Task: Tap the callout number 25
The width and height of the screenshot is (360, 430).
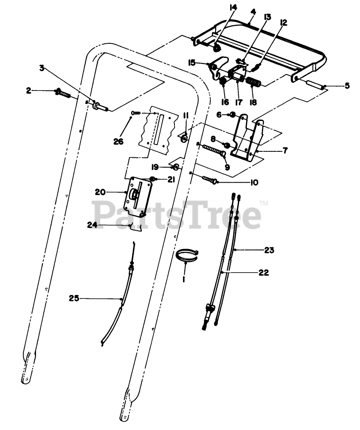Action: (74, 298)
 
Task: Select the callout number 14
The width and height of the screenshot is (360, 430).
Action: (233, 7)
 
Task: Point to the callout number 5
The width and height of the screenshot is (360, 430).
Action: (347, 86)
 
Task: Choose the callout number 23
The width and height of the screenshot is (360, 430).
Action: (270, 250)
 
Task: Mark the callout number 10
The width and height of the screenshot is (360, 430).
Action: (254, 183)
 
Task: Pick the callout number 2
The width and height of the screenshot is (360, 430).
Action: (28, 90)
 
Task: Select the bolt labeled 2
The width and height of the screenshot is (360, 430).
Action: (64, 92)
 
